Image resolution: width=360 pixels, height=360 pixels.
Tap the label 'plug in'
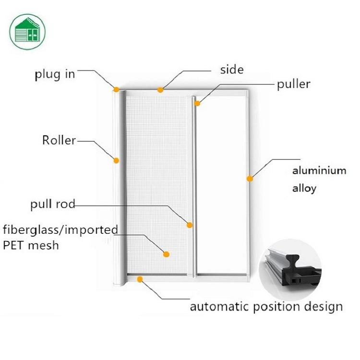coord(55,75)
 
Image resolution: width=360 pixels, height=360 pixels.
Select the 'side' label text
coord(232,70)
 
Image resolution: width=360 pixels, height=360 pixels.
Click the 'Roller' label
coord(59,140)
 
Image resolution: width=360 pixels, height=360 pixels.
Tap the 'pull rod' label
coord(53,204)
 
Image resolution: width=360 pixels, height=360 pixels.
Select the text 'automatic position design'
coord(266,307)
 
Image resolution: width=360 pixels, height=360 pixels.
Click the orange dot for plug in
coord(117,89)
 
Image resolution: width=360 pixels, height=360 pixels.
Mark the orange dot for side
coord(160,89)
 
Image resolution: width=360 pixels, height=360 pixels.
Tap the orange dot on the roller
coord(116,160)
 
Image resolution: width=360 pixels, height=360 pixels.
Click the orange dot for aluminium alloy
coord(250,179)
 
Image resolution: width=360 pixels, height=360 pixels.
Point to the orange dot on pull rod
coord(190,224)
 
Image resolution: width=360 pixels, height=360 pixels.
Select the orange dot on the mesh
coord(167,254)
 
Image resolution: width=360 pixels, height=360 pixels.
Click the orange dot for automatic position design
coord(140,278)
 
